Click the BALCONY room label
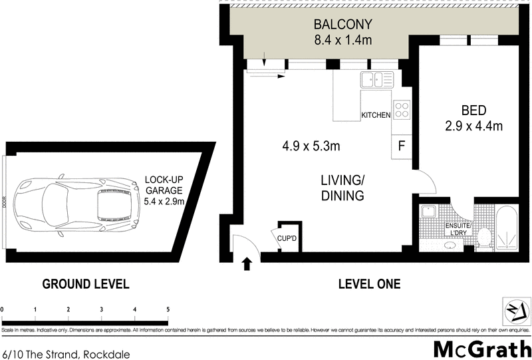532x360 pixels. pyautogui.click(x=343, y=25)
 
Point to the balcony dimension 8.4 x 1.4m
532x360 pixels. pyautogui.click(x=343, y=41)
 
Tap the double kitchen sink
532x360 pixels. pyautogui.click(x=376, y=80)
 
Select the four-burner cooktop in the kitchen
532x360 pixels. pyautogui.click(x=402, y=110)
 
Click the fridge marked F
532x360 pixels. pyautogui.click(x=402, y=146)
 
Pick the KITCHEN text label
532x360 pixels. pyautogui.click(x=376, y=115)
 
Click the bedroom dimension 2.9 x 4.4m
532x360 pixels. pyautogui.click(x=473, y=125)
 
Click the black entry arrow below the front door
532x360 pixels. pyautogui.click(x=247, y=264)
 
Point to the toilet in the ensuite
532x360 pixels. pyautogui.click(x=485, y=236)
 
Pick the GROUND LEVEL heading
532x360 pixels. pyautogui.click(x=86, y=284)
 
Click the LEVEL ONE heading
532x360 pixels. pyautogui.click(x=369, y=284)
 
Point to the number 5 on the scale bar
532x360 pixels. pyautogui.click(x=168, y=309)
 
